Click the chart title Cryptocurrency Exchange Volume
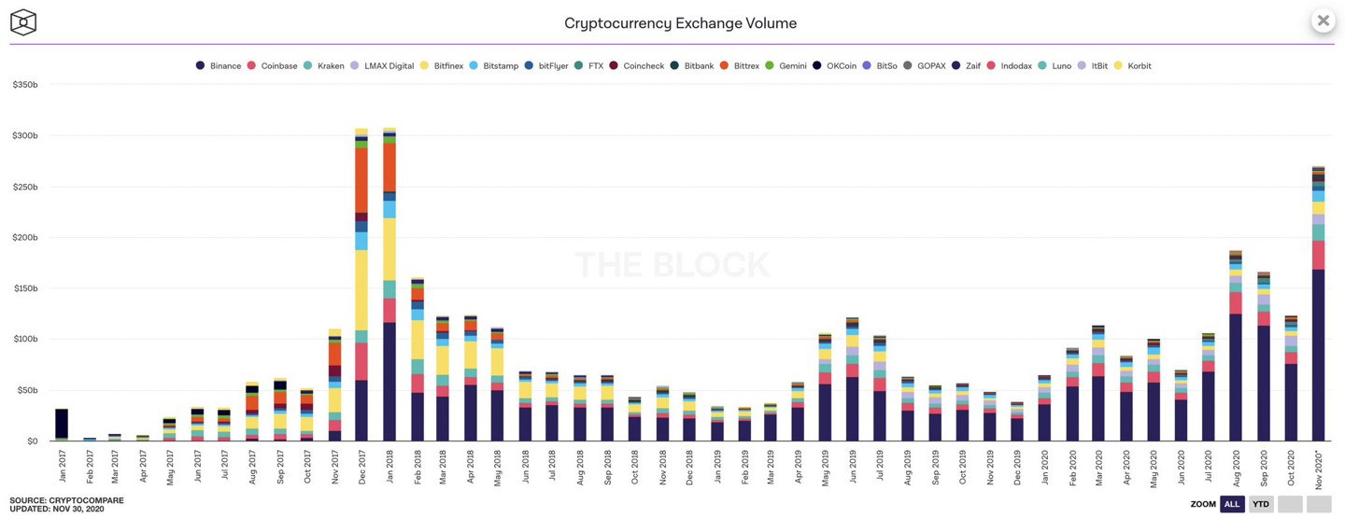click(x=680, y=23)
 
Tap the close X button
click(x=1323, y=21)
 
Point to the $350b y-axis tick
click(x=24, y=85)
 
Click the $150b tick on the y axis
click(x=24, y=288)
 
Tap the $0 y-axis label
click(x=31, y=441)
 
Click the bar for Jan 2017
click(x=62, y=425)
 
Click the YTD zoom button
click(x=1261, y=504)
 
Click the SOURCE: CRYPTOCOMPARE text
click(x=66, y=500)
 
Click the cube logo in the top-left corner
click(x=23, y=21)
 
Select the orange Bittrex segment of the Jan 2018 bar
click(x=389, y=167)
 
